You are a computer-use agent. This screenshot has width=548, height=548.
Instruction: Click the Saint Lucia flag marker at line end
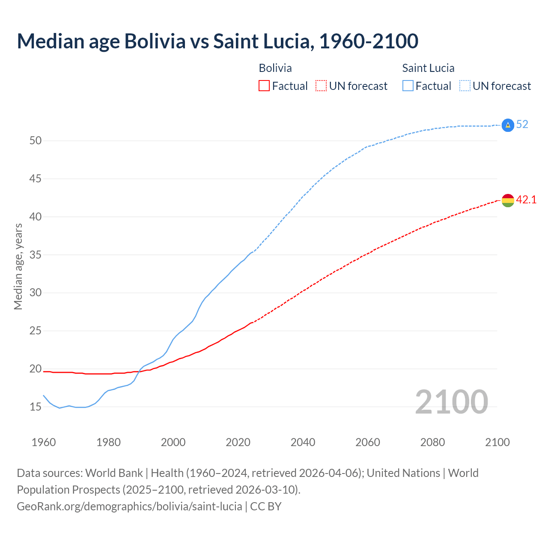click(507, 125)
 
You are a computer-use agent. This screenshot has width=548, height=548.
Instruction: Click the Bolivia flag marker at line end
click(507, 200)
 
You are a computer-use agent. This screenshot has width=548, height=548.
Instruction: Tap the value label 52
click(522, 125)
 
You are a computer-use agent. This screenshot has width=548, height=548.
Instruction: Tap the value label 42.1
click(526, 200)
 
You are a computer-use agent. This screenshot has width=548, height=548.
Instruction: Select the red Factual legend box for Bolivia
click(264, 86)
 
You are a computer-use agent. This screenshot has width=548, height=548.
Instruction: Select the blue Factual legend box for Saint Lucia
click(408, 86)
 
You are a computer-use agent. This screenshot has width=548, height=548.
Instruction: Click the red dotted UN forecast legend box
click(321, 86)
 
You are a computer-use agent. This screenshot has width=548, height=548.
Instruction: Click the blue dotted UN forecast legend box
click(465, 86)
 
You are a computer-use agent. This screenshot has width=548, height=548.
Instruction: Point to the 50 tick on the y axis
click(35, 140)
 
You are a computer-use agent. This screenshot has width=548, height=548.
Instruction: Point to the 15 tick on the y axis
click(35, 407)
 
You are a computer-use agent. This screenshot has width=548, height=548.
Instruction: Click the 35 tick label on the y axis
click(35, 255)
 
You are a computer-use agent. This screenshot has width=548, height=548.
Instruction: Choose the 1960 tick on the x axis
click(44, 442)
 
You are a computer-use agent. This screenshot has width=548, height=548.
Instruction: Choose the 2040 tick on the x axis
click(303, 442)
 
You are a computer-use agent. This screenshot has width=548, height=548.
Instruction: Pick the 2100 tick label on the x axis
click(497, 442)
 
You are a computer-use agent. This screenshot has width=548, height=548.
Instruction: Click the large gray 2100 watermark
click(451, 402)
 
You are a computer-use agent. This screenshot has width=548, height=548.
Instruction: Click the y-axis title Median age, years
click(18, 266)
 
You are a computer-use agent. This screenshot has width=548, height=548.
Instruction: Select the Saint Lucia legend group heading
click(428, 68)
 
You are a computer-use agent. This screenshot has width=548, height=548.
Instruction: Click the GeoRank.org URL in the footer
click(129, 506)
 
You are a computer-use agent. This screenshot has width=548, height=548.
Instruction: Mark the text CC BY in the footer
click(266, 506)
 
